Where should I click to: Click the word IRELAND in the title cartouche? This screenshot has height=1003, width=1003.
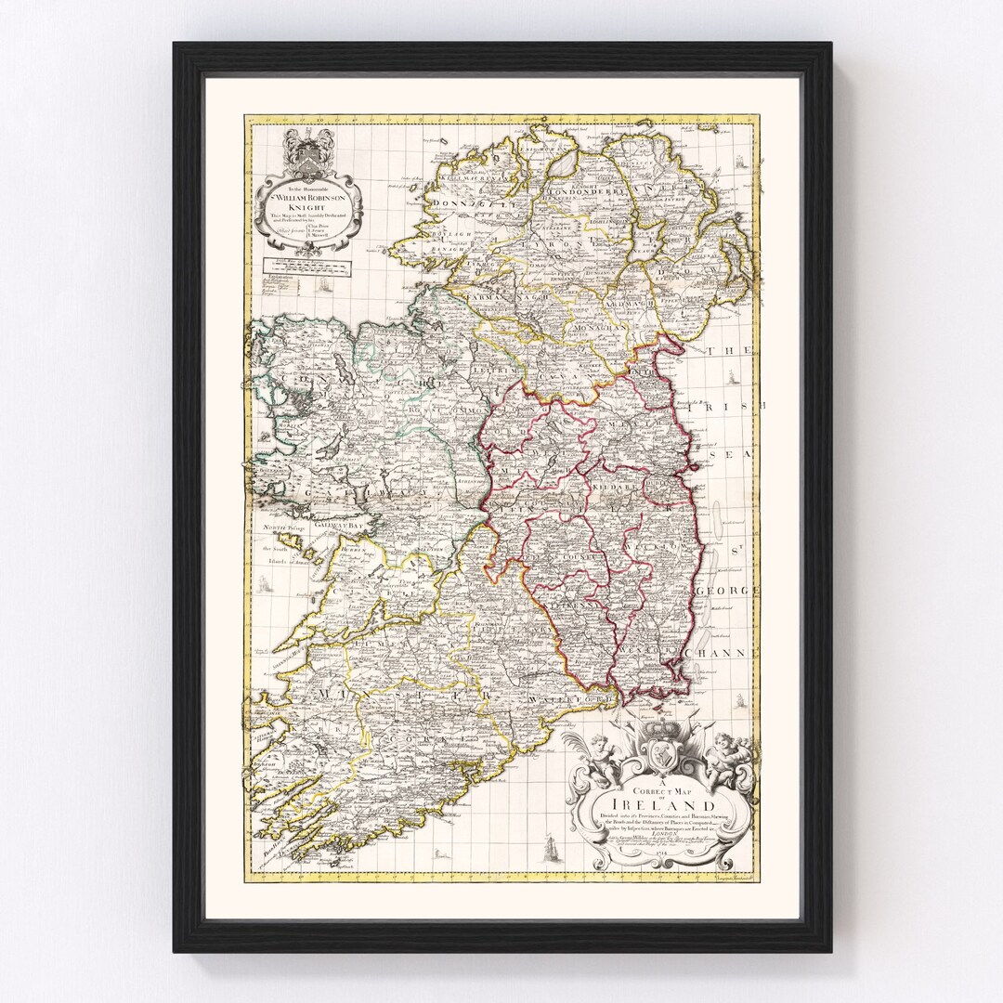(x=663, y=804)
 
